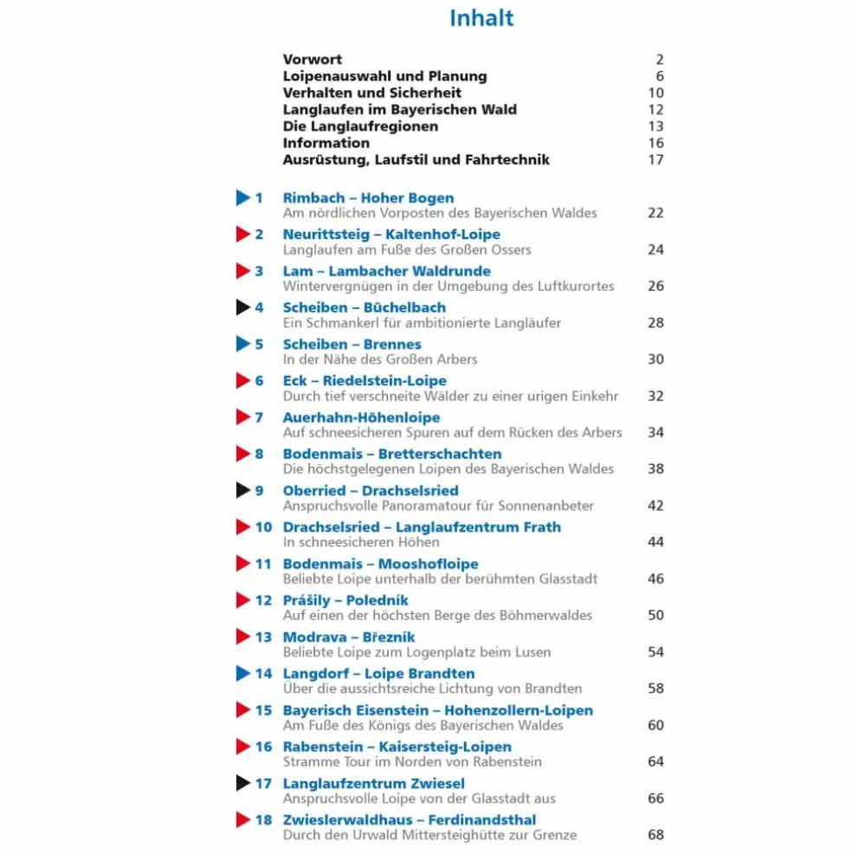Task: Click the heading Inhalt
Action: pyautogui.click(x=481, y=18)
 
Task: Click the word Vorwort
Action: pyautogui.click(x=312, y=60)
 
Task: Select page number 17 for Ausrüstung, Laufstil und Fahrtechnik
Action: pyautogui.click(x=655, y=159)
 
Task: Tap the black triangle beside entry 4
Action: pyautogui.click(x=242, y=307)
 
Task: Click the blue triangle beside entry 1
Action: pyautogui.click(x=242, y=198)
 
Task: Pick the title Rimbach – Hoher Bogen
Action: pyautogui.click(x=368, y=198)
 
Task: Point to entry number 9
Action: pyautogui.click(x=259, y=491)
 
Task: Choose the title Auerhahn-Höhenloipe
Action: pyautogui.click(x=361, y=417)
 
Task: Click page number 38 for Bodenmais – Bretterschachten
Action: pyautogui.click(x=655, y=468)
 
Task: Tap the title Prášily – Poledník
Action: pyautogui.click(x=345, y=600)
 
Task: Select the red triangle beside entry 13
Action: pyautogui.click(x=242, y=637)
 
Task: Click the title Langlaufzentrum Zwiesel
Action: pyautogui.click(x=373, y=784)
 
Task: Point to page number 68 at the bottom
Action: pyautogui.click(x=655, y=835)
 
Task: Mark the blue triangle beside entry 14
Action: pyautogui.click(x=242, y=674)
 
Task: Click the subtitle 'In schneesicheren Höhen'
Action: pyautogui.click(x=361, y=542)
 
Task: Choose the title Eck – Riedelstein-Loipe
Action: pyautogui.click(x=365, y=381)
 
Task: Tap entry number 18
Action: pyautogui.click(x=263, y=820)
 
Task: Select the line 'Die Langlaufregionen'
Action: pyautogui.click(x=360, y=126)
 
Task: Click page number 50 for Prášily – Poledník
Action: pyautogui.click(x=655, y=615)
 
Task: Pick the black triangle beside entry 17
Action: pyautogui.click(x=242, y=784)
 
